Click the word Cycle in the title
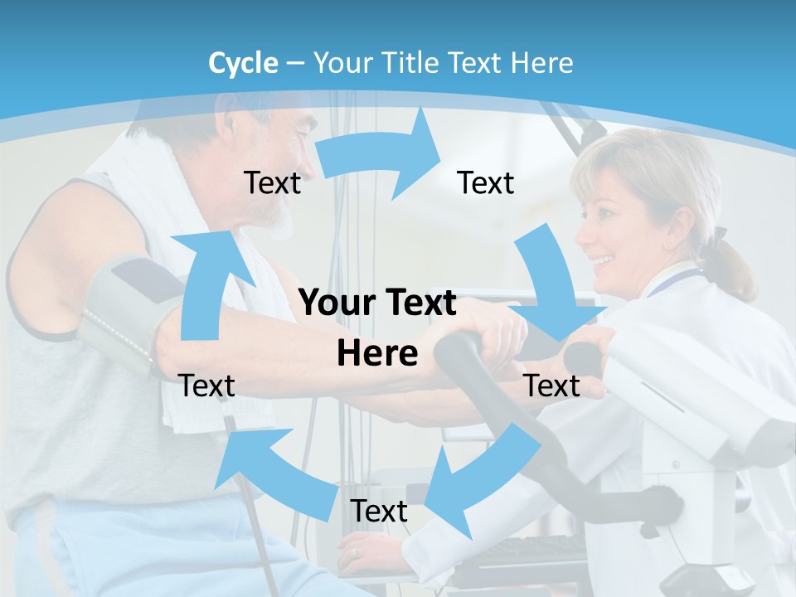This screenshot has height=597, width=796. [243, 63]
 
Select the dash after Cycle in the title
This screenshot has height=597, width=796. [295, 64]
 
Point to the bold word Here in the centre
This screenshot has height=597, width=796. [377, 354]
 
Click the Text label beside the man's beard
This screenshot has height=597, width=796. [273, 182]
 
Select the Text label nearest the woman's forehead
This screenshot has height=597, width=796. [486, 182]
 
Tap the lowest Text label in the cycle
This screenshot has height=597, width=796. [379, 511]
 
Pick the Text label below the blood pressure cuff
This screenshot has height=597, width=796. [206, 386]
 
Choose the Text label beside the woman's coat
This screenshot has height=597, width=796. [552, 386]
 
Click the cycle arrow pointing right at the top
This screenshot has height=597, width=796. [381, 153]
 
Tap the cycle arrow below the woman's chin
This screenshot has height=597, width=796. [556, 290]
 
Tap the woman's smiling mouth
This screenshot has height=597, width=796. [603, 264]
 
